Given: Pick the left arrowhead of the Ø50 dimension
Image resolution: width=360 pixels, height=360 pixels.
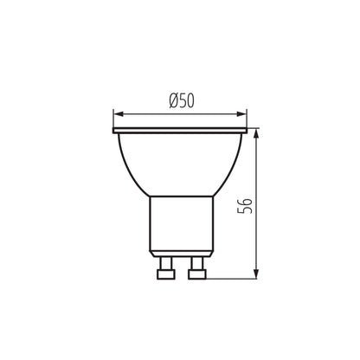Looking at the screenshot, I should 119,112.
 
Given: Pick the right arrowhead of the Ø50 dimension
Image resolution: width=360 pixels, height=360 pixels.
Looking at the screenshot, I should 243,112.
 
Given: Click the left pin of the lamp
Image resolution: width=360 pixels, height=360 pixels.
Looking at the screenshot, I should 164,270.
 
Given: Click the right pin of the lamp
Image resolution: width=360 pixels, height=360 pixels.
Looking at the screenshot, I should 196,270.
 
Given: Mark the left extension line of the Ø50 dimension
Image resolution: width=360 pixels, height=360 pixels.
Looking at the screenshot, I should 114,119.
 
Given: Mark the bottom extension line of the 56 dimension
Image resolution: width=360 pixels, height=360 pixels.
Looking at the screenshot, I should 234,277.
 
